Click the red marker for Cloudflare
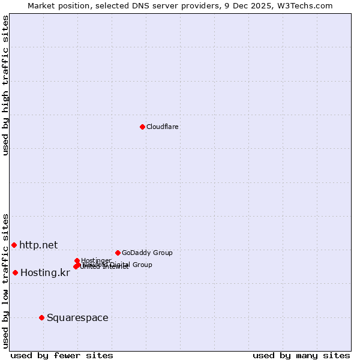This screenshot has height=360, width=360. point(142,127)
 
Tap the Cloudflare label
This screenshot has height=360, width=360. point(163,127)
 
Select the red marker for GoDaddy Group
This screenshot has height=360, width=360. point(118,253)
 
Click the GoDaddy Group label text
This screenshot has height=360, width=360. point(147,253)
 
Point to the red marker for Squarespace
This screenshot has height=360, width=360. point(41,317)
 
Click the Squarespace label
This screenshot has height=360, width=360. point(77,317)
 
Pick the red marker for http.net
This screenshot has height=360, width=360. point(14,245)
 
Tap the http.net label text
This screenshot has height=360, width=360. point(38,245)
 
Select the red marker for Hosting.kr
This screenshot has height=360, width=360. point(15,272)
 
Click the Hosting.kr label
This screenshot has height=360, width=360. point(45,272)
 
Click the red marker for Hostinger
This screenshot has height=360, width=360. point(77,260)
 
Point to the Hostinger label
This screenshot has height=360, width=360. point(96,260)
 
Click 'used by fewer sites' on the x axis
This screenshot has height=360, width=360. point(62,355)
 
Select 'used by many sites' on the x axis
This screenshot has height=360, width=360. point(301,355)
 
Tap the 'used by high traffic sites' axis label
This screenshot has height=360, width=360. point(5,85)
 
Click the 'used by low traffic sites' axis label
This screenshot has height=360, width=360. point(5,280)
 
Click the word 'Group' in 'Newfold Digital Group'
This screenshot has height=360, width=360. point(142,265)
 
